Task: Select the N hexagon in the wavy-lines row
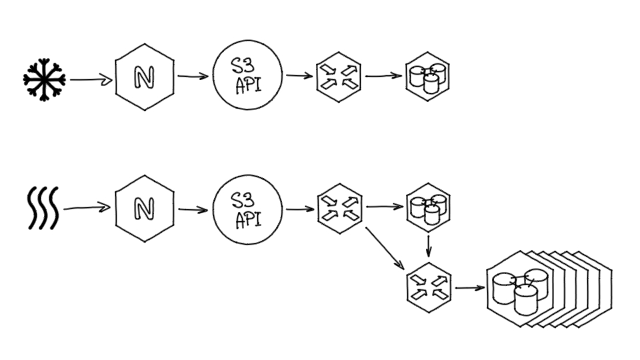(x=144, y=209)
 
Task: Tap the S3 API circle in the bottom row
(x=247, y=209)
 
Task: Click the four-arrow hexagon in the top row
(x=339, y=77)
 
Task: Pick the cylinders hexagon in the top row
(x=427, y=77)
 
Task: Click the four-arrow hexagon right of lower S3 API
(x=339, y=208)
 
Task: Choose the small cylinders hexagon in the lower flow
(x=427, y=207)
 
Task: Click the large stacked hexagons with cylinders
(x=527, y=288)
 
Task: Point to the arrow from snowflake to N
(x=90, y=80)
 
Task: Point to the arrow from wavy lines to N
(x=87, y=209)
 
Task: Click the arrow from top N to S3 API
(x=193, y=77)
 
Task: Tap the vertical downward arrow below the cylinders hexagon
(x=428, y=245)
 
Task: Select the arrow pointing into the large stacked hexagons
(x=470, y=289)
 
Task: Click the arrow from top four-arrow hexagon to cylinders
(x=383, y=75)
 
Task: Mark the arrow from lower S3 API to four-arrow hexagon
(x=300, y=209)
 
